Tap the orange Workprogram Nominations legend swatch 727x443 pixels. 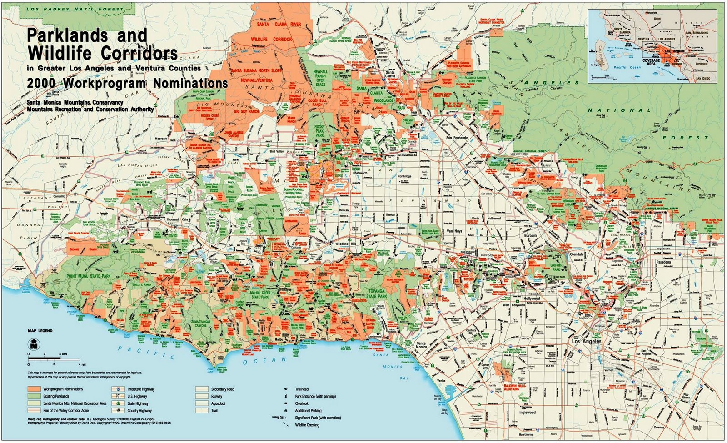click(x=34, y=389)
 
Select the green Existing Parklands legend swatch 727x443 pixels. click(x=34, y=396)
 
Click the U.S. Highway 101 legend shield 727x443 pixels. click(x=118, y=396)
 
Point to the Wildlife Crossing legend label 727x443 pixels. click(x=307, y=425)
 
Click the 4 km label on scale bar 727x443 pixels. click(x=62, y=353)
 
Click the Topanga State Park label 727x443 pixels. click(x=376, y=293)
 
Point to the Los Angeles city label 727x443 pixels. click(x=586, y=341)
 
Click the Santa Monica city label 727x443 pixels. click(x=421, y=345)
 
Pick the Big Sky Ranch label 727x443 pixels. click(x=246, y=111)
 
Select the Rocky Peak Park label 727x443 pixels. click(x=319, y=131)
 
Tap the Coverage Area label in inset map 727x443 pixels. click(x=651, y=62)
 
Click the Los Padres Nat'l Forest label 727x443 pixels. click(x=75, y=9)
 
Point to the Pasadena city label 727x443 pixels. click(x=663, y=263)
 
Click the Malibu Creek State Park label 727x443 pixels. click(x=260, y=294)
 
